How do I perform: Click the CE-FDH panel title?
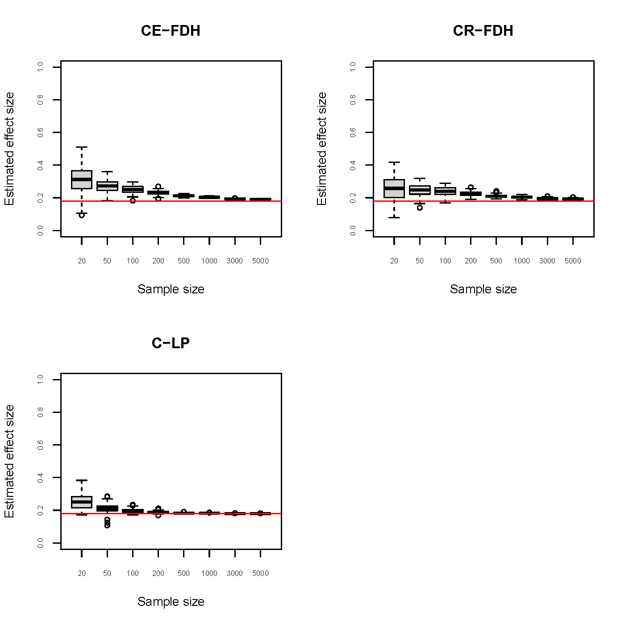click(171, 31)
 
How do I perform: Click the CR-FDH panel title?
click(483, 31)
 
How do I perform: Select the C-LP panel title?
click(171, 343)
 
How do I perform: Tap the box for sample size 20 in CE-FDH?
click(82, 179)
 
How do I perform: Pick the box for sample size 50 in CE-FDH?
click(107, 186)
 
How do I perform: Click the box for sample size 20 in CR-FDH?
click(394, 188)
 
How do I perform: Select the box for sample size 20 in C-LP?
click(82, 502)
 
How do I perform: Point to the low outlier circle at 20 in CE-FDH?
click(82, 215)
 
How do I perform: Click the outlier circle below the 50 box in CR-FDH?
click(420, 208)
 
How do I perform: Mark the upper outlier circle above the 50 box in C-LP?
click(107, 496)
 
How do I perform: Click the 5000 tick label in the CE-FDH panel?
click(260, 261)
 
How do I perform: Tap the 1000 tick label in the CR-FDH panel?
click(521, 261)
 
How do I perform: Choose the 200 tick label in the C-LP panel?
click(158, 574)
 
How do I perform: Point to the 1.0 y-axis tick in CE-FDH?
click(41, 67)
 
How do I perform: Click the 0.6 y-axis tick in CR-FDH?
click(353, 133)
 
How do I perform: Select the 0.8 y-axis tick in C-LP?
click(41, 412)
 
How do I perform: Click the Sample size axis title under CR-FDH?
click(483, 289)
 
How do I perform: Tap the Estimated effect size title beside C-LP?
click(10, 461)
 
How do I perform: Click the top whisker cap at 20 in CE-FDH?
click(82, 147)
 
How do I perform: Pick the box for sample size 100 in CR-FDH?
click(445, 191)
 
